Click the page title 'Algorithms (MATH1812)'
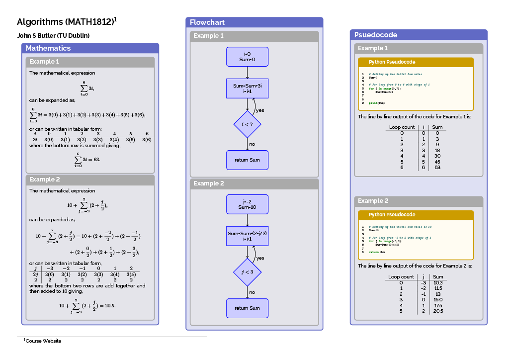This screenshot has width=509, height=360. [x=65, y=22]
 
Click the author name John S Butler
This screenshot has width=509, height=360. [x=53, y=36]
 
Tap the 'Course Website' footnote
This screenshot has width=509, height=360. [x=43, y=341]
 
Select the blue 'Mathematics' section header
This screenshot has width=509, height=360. [x=48, y=48]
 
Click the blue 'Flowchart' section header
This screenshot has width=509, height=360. [x=207, y=22]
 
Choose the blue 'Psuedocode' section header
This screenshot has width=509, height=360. [x=375, y=35]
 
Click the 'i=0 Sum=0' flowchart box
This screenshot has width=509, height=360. [x=247, y=57]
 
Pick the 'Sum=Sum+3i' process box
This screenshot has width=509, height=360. [x=247, y=89]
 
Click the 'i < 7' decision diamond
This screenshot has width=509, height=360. [x=247, y=124]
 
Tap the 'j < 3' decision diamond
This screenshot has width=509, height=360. [x=247, y=272]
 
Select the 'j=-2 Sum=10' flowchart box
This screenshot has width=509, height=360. [x=247, y=204]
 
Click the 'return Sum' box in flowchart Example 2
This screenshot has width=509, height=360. [x=247, y=308]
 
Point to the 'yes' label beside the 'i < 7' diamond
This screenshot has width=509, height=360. [x=260, y=110]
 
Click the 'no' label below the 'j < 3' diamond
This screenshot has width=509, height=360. [x=252, y=292]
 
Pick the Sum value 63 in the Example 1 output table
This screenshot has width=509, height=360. [x=437, y=168]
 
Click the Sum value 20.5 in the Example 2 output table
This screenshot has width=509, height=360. [x=438, y=311]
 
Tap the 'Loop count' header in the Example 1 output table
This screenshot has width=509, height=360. [x=402, y=127]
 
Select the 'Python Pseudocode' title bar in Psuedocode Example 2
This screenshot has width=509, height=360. [x=392, y=215]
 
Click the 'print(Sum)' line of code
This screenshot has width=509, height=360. [x=377, y=103]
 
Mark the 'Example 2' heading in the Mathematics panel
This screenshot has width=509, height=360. [x=44, y=180]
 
